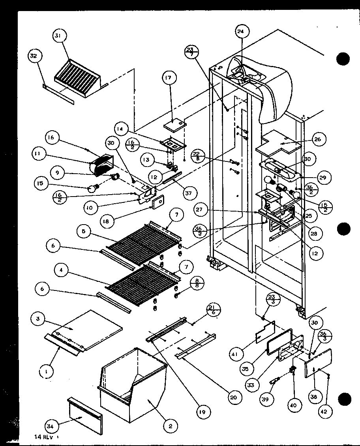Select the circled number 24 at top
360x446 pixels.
pos(241,31)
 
